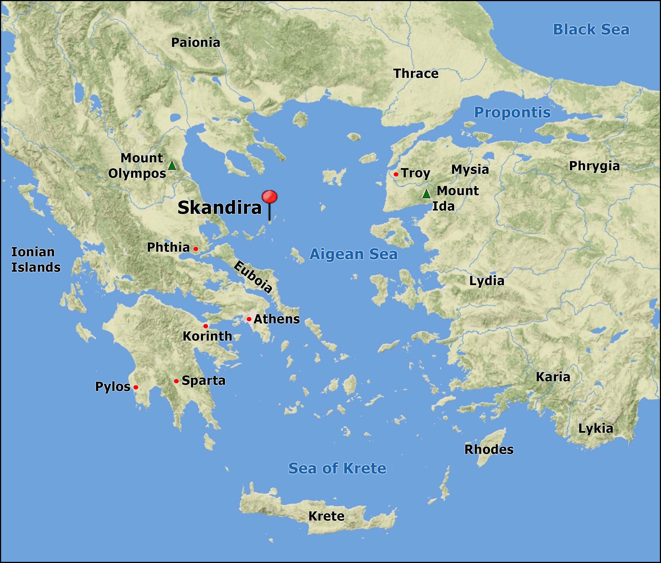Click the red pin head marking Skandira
[269, 197]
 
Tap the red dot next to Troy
[396, 174]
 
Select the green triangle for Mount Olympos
[172, 165]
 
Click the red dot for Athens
[249, 319]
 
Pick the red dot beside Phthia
[196, 249]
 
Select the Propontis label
[512, 112]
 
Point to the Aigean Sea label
[353, 254]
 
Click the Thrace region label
[416, 74]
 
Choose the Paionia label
[196, 43]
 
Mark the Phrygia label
[594, 166]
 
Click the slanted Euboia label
[253, 277]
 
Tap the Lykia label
[596, 429]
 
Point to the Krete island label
[326, 516]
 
